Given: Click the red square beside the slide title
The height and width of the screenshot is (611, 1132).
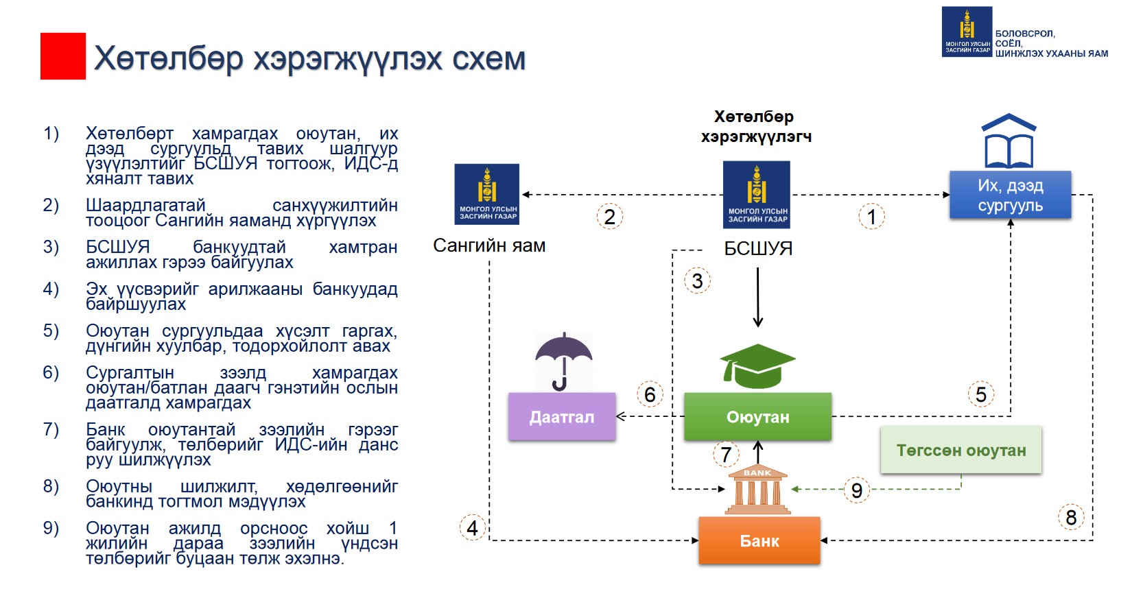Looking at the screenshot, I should (x=63, y=56).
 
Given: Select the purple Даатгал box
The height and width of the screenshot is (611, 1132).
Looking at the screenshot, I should (x=562, y=416).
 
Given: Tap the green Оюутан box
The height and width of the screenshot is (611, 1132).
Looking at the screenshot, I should (x=757, y=416).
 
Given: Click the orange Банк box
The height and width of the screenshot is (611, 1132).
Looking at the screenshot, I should (x=759, y=540).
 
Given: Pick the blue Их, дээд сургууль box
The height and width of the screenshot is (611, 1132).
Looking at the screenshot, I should (x=1010, y=195).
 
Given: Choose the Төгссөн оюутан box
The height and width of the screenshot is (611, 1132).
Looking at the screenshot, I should (x=960, y=451).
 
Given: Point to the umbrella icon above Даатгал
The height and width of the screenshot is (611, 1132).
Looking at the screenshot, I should (x=563, y=360).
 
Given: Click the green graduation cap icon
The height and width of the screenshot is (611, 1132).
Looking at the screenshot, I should (x=757, y=366).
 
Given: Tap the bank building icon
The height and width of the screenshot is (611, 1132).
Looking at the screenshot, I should (x=757, y=490).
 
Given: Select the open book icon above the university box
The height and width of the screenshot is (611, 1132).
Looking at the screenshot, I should (x=1009, y=141).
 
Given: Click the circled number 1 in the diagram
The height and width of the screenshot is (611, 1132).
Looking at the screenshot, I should (x=871, y=217).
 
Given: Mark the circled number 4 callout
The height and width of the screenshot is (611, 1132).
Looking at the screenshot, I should (x=472, y=527).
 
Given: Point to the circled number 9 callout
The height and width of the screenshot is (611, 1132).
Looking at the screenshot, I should (x=856, y=490).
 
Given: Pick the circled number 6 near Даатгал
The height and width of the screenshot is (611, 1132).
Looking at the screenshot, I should (x=649, y=394).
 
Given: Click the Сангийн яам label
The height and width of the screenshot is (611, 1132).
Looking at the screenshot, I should (x=489, y=245).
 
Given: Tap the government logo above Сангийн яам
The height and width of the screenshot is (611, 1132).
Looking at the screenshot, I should (x=487, y=194).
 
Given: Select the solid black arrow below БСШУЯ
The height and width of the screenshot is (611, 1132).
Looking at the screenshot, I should (x=758, y=298).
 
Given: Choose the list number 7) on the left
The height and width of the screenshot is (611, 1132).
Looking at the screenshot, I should (x=51, y=430).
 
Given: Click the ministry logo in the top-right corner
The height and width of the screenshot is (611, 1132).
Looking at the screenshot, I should (x=967, y=32).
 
